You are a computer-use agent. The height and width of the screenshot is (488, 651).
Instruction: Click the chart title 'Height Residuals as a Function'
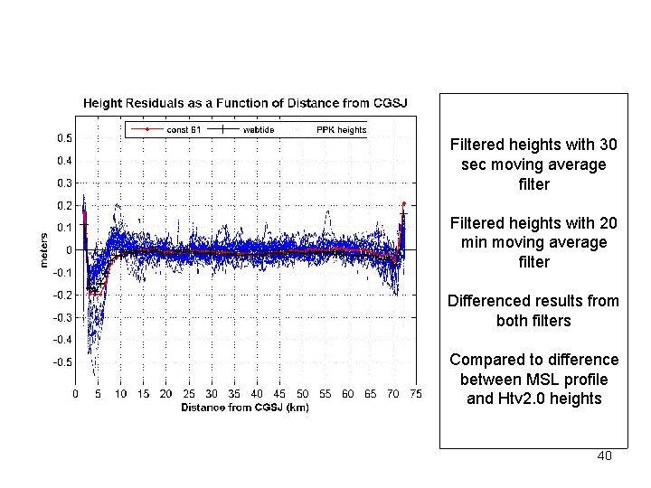[245, 103]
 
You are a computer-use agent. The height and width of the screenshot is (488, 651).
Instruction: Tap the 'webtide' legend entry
[259, 130]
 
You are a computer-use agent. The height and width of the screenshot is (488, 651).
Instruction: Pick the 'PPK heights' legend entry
[341, 130]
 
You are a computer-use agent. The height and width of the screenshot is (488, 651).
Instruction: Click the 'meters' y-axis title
[42, 249]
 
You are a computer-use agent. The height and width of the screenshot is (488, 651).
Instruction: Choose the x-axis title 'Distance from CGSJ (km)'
[245, 407]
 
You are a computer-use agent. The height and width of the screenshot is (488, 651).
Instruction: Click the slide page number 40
[604, 455]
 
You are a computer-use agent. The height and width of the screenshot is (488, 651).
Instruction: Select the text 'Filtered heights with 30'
[533, 145]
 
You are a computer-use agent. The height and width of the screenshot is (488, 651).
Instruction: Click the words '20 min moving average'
[533, 242]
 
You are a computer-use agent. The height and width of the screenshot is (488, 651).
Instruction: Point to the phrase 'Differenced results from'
[533, 301]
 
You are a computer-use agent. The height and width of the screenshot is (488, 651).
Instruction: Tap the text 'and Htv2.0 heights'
[533, 398]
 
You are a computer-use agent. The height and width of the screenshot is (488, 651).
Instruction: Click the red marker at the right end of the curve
[403, 204]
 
